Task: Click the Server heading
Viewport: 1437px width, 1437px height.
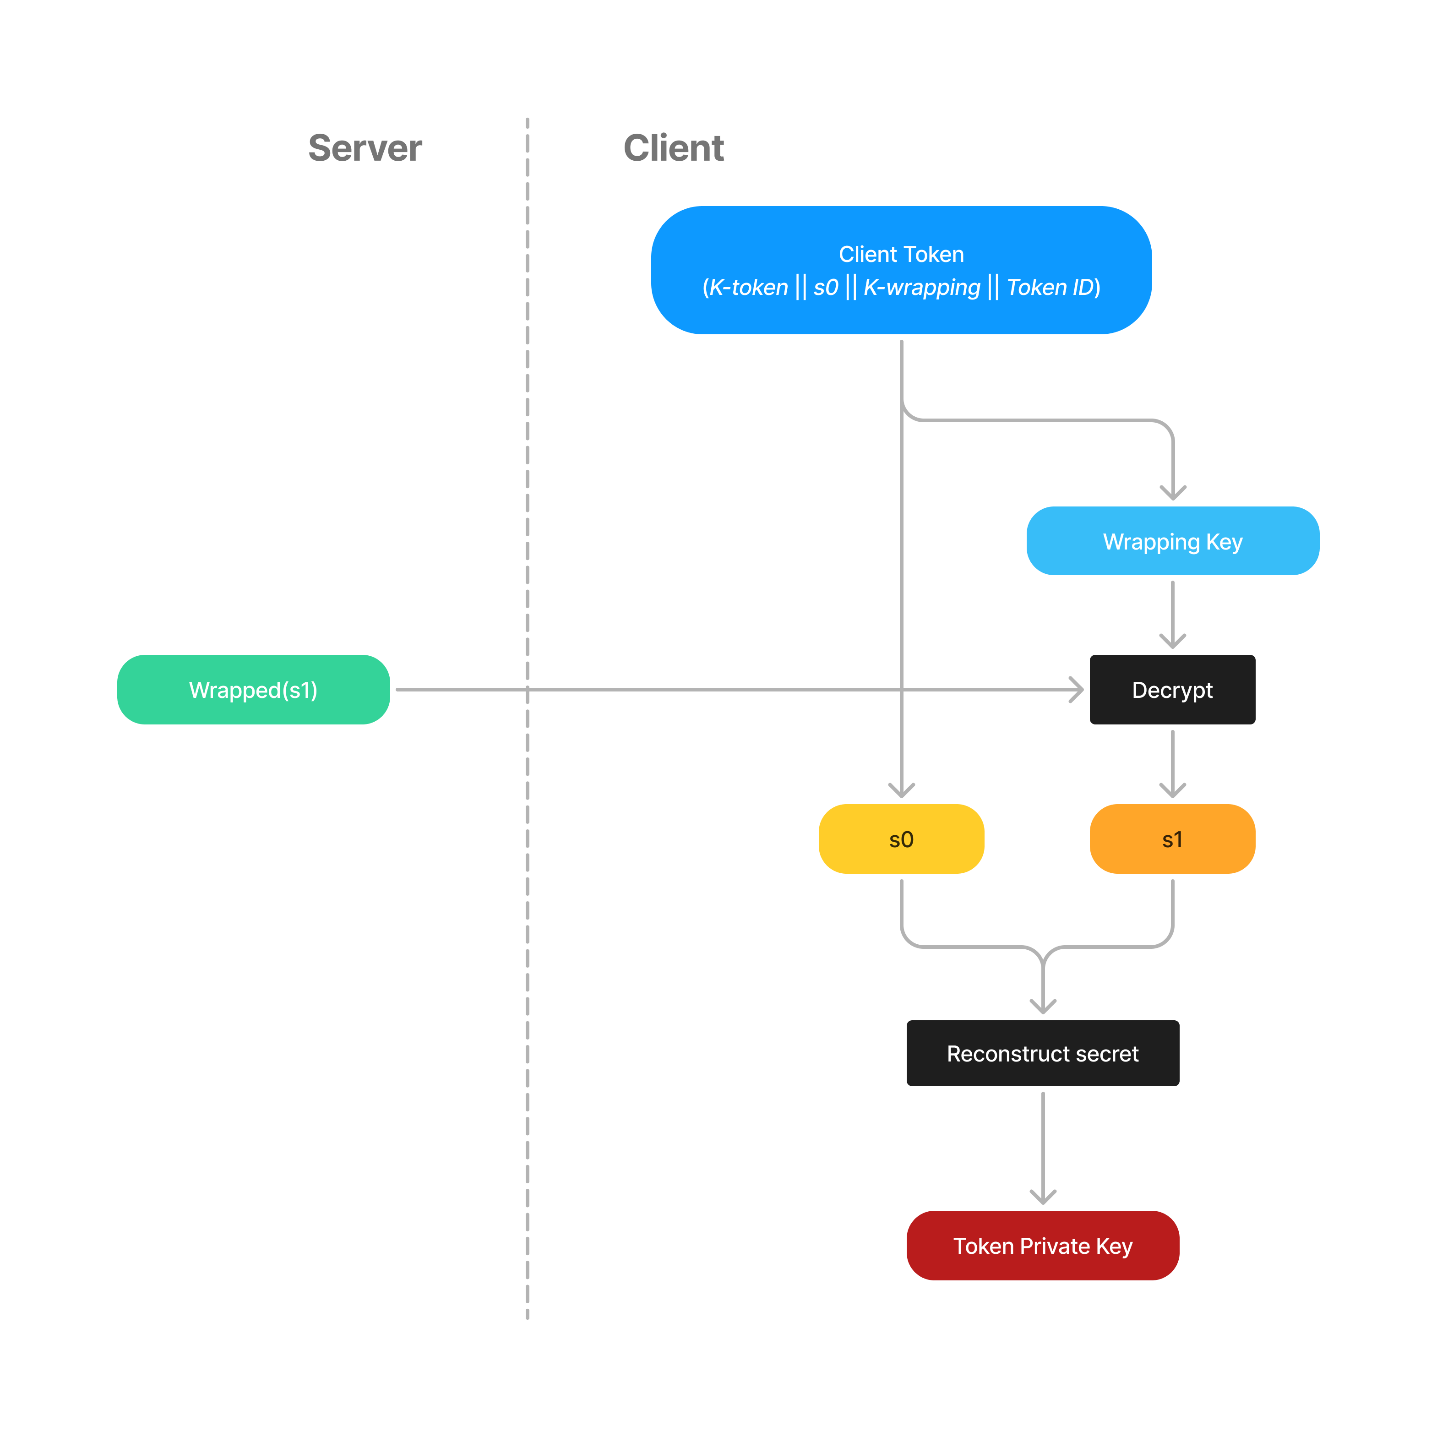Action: (365, 148)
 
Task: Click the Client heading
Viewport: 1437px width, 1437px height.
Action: (673, 148)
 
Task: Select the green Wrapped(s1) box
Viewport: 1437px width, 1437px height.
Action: (254, 690)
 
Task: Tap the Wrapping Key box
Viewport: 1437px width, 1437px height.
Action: (1172, 541)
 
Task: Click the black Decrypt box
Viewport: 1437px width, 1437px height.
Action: (1172, 690)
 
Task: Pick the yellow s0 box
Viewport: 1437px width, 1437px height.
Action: (901, 839)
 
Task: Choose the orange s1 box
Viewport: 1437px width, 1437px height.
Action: (1172, 839)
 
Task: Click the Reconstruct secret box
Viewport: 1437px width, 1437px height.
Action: (1042, 1053)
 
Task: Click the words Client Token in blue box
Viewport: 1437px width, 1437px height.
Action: (901, 254)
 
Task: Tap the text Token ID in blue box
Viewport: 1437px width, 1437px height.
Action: (1050, 287)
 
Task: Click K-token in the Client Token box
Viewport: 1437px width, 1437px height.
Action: (748, 287)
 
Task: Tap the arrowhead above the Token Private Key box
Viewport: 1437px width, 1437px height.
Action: (1043, 1197)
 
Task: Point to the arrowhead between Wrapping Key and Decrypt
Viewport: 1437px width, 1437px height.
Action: (1173, 641)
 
